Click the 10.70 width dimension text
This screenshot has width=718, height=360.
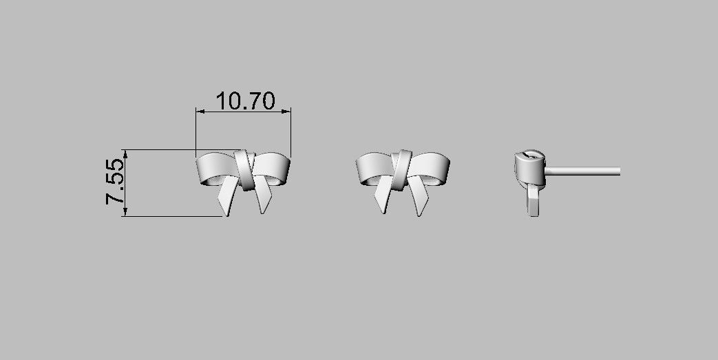(x=245, y=101)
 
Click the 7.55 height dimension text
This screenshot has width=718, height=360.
(x=115, y=182)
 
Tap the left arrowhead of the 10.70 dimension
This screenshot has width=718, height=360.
(x=199, y=110)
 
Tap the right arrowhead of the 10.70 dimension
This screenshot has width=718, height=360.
(x=287, y=110)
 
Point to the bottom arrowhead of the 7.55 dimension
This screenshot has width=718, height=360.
(x=125, y=213)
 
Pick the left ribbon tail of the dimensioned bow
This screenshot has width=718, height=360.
(x=226, y=200)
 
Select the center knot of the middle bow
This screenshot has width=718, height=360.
(x=401, y=170)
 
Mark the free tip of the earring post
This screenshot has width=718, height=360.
(x=619, y=170)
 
